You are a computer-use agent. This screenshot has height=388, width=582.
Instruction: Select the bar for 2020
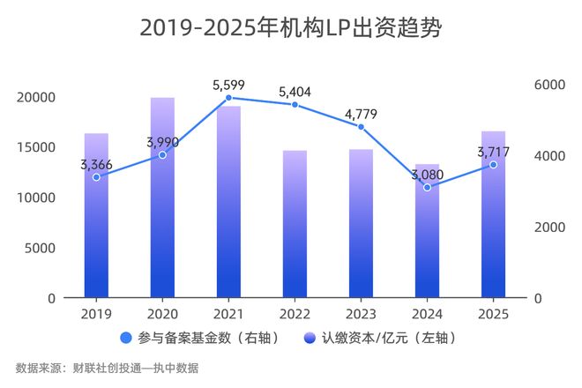[x=162, y=198]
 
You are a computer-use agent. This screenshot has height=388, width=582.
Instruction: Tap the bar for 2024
[x=427, y=231]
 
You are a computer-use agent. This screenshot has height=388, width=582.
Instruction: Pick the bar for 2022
[x=295, y=225]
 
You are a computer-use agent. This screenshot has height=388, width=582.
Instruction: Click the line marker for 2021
[x=228, y=98]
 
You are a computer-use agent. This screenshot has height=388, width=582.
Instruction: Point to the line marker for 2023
[x=361, y=127]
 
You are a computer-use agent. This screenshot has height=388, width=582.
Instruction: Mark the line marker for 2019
[x=96, y=177]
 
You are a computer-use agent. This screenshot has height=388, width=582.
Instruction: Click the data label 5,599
[x=229, y=85]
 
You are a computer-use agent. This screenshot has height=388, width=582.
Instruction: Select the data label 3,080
[x=427, y=174]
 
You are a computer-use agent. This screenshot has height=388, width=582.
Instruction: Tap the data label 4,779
[x=362, y=114]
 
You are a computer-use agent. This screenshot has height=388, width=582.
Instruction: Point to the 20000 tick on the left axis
[x=38, y=97]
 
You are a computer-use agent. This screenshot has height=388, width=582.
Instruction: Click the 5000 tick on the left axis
[x=41, y=248]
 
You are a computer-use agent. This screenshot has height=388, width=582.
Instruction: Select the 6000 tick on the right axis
[x=548, y=85]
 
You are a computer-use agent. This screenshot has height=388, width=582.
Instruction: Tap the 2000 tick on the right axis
[x=548, y=228]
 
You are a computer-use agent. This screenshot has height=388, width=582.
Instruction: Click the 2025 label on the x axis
[x=493, y=314]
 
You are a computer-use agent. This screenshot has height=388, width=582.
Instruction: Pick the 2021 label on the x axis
[x=228, y=314]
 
